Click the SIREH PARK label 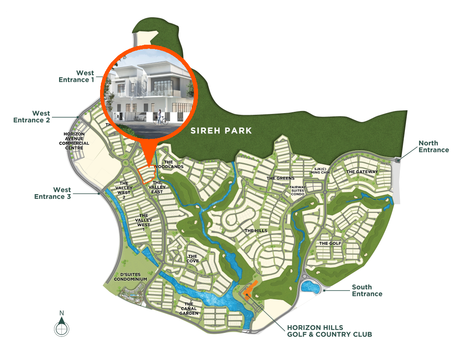click(x=221, y=131)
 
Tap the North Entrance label click(x=434, y=146)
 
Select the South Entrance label click(x=367, y=290)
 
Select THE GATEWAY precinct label click(x=362, y=172)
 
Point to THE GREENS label click(x=280, y=178)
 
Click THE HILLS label click(x=256, y=231)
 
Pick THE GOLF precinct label click(x=330, y=244)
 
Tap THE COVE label click(x=193, y=258)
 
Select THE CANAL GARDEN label click(x=189, y=309)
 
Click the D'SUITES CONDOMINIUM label click(x=130, y=277)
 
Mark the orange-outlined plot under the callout click(x=147, y=175)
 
